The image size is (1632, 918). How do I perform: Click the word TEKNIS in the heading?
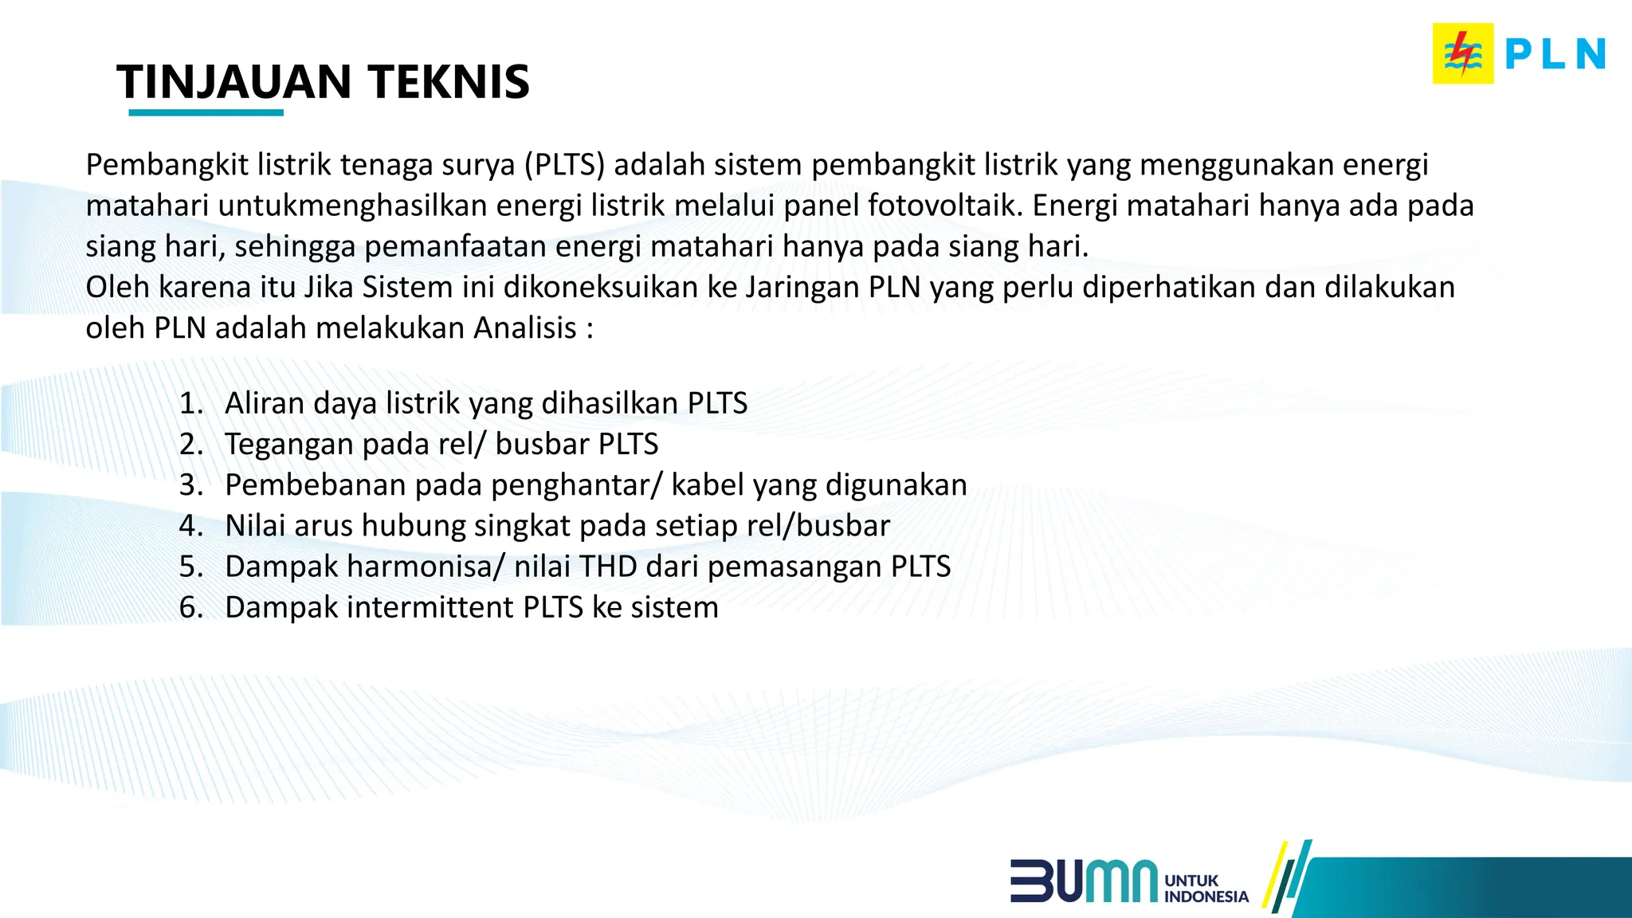coord(449,82)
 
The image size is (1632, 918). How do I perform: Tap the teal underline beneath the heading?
coord(206,113)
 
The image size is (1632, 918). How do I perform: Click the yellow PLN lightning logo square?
coord(1462,54)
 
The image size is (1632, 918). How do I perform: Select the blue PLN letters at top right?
coord(1554,55)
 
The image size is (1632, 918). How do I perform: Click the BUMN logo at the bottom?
coord(1084,881)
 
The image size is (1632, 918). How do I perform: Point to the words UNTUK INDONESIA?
coord(1206,889)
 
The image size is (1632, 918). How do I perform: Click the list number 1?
coord(190,403)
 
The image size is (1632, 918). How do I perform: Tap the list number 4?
coord(190,526)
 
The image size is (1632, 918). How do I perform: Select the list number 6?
coord(190,607)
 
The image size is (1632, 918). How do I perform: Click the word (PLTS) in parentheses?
coord(564,165)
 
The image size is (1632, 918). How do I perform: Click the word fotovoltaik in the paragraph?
coord(943,206)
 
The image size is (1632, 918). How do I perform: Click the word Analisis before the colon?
coord(525,328)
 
